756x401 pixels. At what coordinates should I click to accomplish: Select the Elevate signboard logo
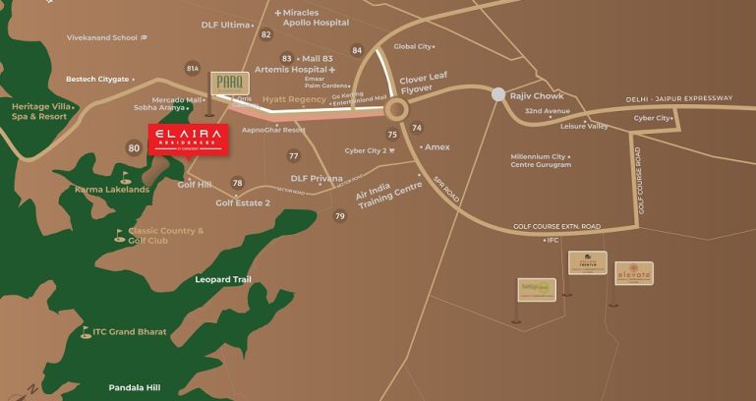pyautogui.click(x=634, y=272)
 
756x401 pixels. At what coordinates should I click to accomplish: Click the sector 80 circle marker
pyautogui.click(x=134, y=148)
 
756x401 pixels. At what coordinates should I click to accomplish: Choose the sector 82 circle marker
pyautogui.click(x=265, y=34)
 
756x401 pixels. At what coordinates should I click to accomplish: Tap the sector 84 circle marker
pyautogui.click(x=357, y=50)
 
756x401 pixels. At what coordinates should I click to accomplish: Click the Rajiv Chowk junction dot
pyautogui.click(x=498, y=95)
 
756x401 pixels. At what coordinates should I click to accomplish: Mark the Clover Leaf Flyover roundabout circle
pyautogui.click(x=397, y=108)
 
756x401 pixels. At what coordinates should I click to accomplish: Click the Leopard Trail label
pyautogui.click(x=223, y=280)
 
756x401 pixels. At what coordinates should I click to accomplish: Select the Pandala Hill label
pyautogui.click(x=134, y=387)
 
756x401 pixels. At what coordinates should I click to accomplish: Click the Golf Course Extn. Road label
pyautogui.click(x=556, y=227)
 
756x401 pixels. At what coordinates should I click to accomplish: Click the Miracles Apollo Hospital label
pyautogui.click(x=315, y=17)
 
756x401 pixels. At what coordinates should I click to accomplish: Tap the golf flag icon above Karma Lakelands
pyautogui.click(x=124, y=178)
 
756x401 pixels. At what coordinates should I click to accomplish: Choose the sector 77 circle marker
pyautogui.click(x=293, y=156)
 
